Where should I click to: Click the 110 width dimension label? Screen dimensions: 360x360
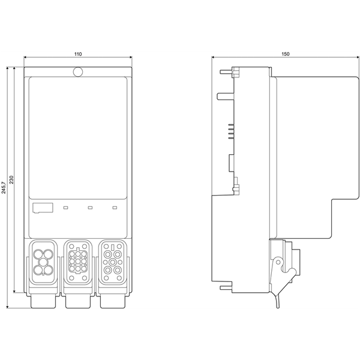pos(77,54)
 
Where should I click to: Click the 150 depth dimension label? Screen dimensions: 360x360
pos(286,54)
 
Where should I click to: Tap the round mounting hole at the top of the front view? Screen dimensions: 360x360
pos(77,72)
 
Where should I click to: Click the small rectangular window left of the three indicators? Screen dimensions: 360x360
pos(41,208)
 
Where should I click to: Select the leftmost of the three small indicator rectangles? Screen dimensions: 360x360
pos(65,208)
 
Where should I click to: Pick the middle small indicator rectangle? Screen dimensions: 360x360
pos(90,208)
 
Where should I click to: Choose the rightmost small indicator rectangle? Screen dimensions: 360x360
pos(115,208)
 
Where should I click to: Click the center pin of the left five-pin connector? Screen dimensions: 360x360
pos(43,262)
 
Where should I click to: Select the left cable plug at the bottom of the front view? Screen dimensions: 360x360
pos(43,299)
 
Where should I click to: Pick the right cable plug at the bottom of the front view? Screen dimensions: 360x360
pos(113,299)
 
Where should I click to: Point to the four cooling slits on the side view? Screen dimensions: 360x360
pos(229,132)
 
